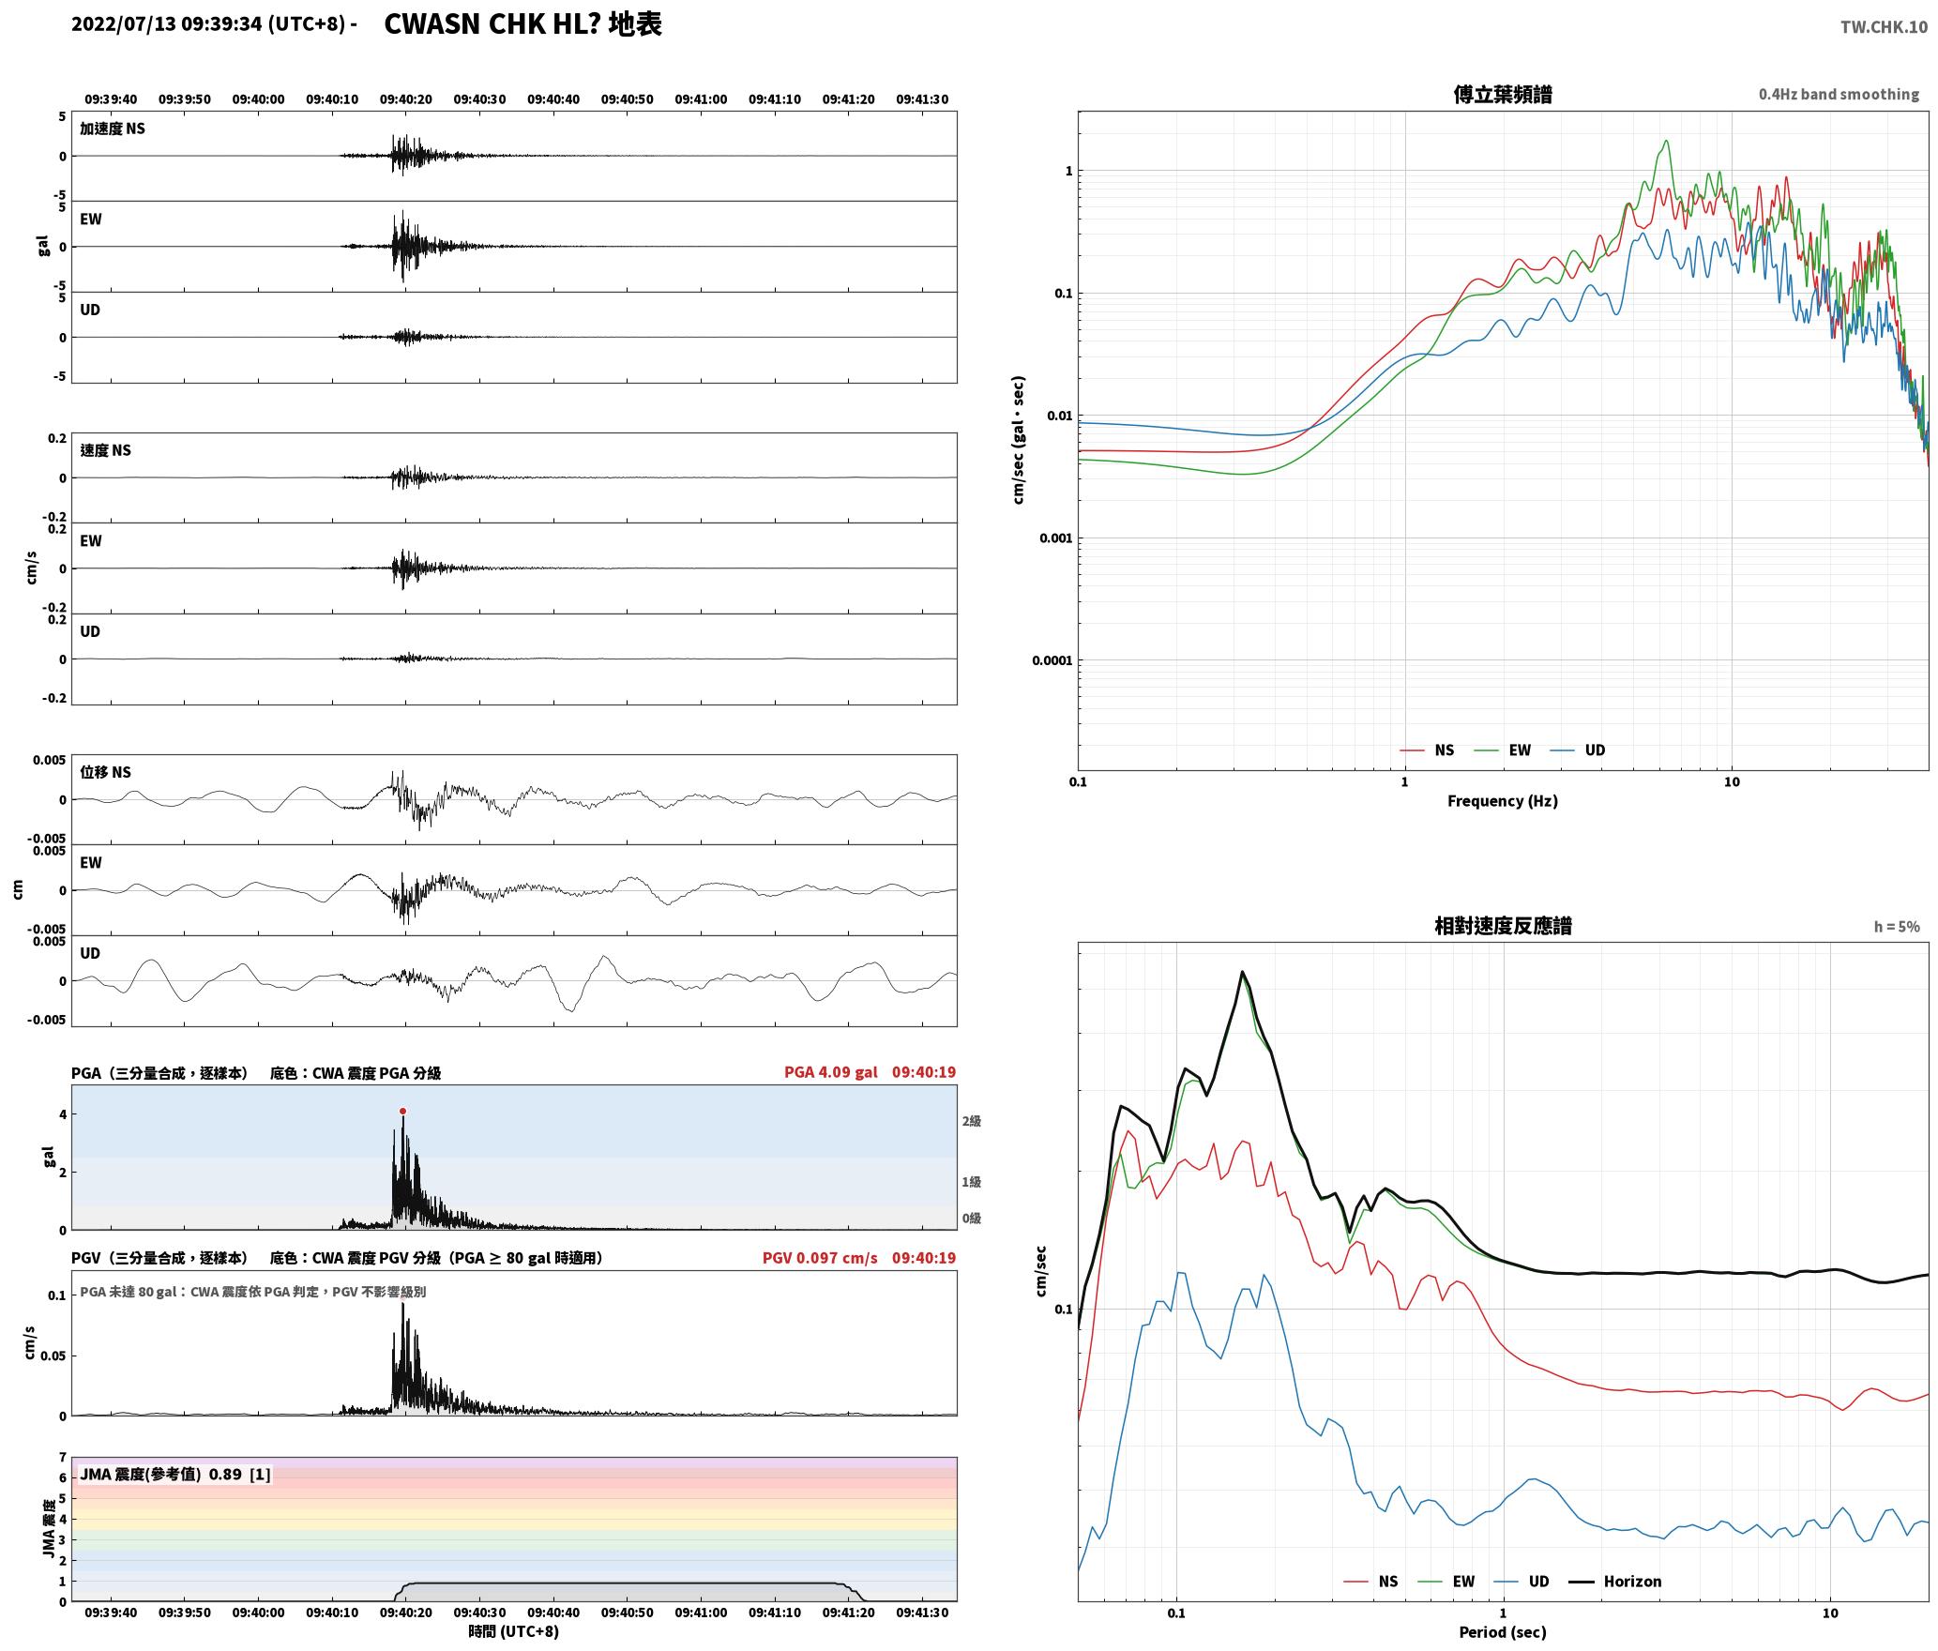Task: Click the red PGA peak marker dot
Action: (402, 1111)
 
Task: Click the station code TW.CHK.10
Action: (1884, 26)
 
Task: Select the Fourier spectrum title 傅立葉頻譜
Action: (1502, 94)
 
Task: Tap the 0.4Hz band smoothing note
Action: (1839, 94)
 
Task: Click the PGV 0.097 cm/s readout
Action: (820, 1257)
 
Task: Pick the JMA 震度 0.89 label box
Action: (175, 1474)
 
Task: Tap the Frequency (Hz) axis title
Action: (1502, 800)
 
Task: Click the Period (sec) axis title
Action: (1502, 1631)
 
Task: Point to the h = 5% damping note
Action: (1896, 926)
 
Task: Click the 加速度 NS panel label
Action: (113, 129)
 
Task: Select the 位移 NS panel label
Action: (105, 772)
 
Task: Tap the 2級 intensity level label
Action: (971, 1121)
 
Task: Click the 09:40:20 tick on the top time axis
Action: (405, 98)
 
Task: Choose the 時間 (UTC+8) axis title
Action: (513, 1631)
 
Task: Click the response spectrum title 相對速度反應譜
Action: (1502, 926)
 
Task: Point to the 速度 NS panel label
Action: (105, 450)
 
